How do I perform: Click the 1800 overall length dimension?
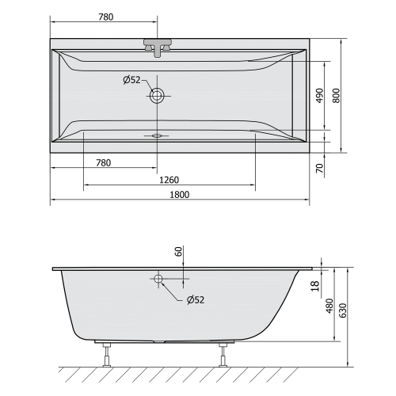pos(179,193)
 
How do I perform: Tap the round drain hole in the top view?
pos(158,96)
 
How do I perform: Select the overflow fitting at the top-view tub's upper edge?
pos(158,46)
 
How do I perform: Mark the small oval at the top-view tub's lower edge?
pos(157,135)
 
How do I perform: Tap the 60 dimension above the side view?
pos(179,253)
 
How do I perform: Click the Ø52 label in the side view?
pos(196,300)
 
